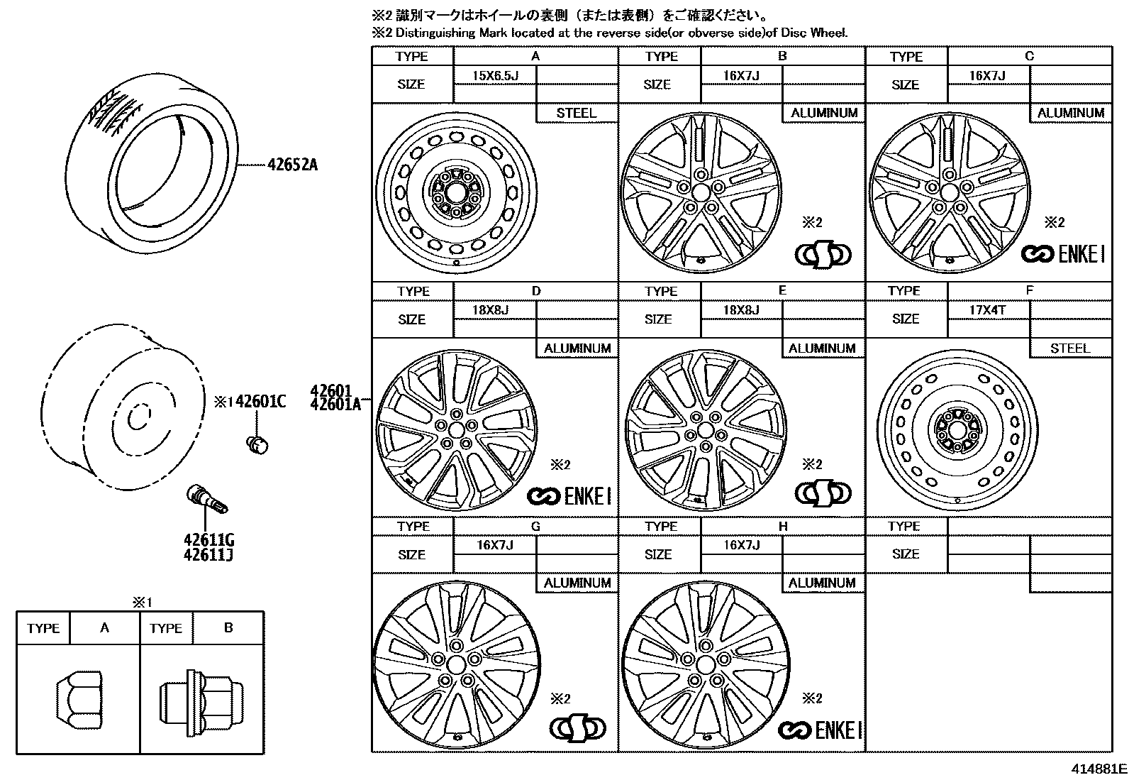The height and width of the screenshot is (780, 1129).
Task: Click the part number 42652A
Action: [292, 165]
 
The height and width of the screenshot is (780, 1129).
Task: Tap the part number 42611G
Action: [208, 540]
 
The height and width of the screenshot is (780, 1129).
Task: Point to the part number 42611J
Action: [208, 554]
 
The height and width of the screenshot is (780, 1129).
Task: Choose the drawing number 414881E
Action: [1099, 769]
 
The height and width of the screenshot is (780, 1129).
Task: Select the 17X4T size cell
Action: [987, 310]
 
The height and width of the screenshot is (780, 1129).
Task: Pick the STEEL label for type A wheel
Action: [576, 113]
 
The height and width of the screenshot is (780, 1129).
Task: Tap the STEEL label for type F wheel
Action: [1069, 348]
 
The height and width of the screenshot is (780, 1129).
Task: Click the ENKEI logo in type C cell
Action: [1063, 254]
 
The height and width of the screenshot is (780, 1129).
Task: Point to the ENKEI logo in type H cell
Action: [820, 730]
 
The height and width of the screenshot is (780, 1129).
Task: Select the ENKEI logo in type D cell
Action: [569, 495]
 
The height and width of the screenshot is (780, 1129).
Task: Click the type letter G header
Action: [535, 526]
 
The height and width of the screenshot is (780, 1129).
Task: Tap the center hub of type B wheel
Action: [701, 192]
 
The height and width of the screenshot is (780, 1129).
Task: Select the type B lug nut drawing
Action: [201, 698]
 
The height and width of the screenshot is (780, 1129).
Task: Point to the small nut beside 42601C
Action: [256, 444]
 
